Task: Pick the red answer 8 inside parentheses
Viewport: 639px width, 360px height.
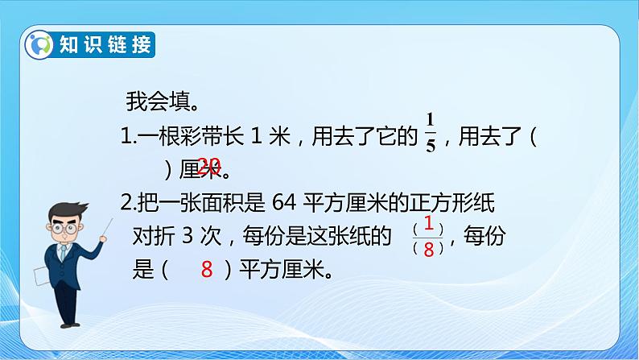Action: [207, 271]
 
